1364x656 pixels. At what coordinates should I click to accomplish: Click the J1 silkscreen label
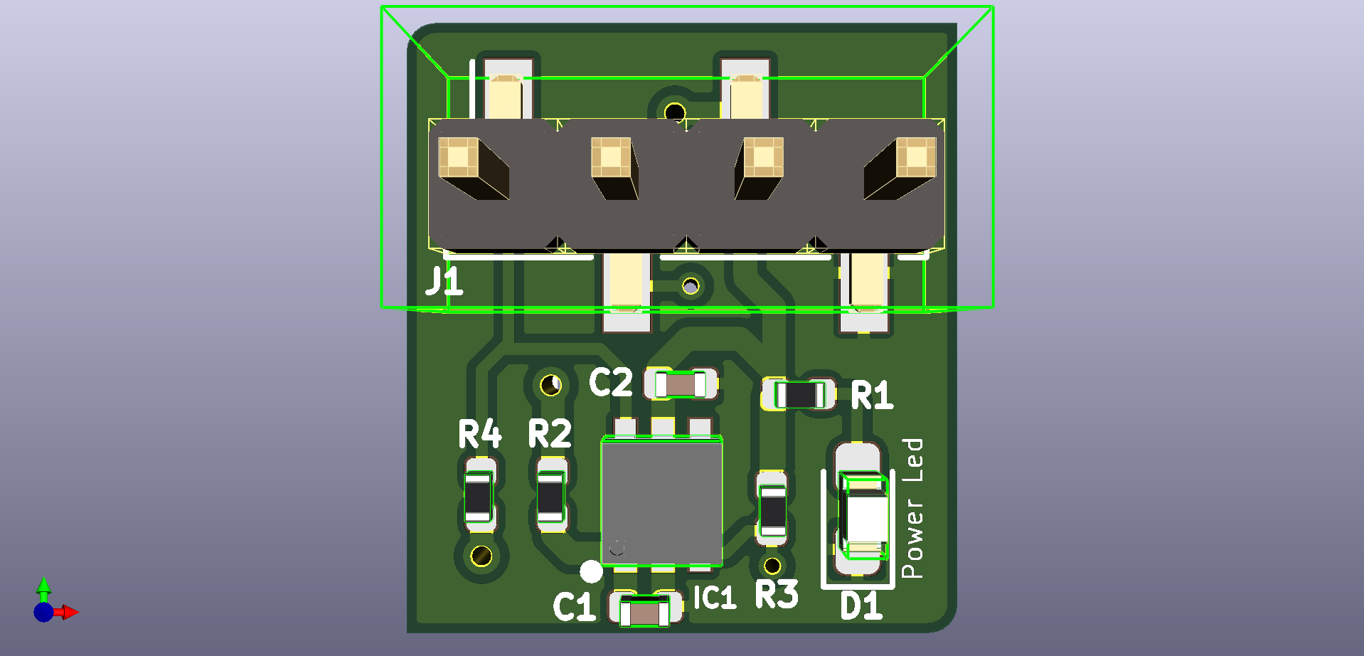click(x=444, y=282)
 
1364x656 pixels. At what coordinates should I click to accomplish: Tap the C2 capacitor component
click(x=681, y=385)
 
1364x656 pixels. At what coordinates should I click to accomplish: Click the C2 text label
click(x=610, y=383)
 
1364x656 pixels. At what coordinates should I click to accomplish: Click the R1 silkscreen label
click(x=872, y=396)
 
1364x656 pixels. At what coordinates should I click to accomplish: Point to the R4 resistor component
click(x=479, y=497)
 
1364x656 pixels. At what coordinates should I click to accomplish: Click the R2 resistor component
click(x=550, y=497)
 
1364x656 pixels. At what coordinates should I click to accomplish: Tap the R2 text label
click(x=550, y=433)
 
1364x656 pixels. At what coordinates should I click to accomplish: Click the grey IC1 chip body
click(x=662, y=502)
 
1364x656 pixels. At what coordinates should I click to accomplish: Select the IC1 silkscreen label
click(x=714, y=598)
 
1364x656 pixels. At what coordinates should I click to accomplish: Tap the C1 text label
click(x=575, y=607)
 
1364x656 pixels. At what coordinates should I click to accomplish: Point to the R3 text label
click(x=777, y=595)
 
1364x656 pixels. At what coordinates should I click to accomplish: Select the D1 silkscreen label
click(x=861, y=607)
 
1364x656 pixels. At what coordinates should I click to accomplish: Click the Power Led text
click(x=912, y=508)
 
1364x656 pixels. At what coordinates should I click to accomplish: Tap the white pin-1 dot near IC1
click(x=591, y=571)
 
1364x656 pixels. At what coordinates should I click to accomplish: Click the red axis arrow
click(x=69, y=612)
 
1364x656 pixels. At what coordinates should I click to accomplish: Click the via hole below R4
click(x=481, y=556)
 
